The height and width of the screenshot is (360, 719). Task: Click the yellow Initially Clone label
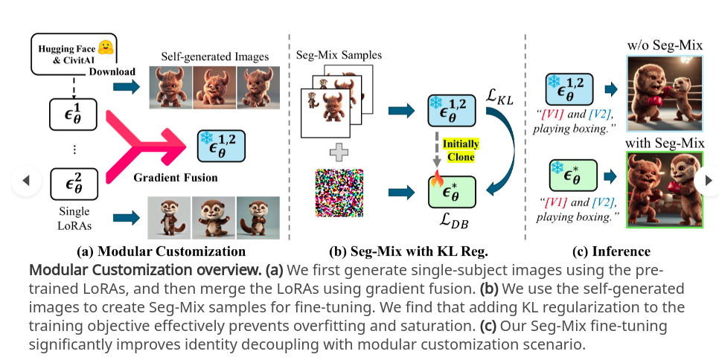click(x=461, y=150)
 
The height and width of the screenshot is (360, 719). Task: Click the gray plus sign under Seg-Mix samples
click(x=339, y=153)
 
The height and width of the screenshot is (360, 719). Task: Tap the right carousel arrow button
click(x=707, y=180)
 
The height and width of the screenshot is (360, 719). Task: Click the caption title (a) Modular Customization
click(x=161, y=251)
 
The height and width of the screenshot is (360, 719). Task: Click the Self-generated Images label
click(x=214, y=57)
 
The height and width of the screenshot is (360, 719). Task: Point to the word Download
click(x=112, y=71)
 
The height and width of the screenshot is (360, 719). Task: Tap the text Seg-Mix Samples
click(x=339, y=56)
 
